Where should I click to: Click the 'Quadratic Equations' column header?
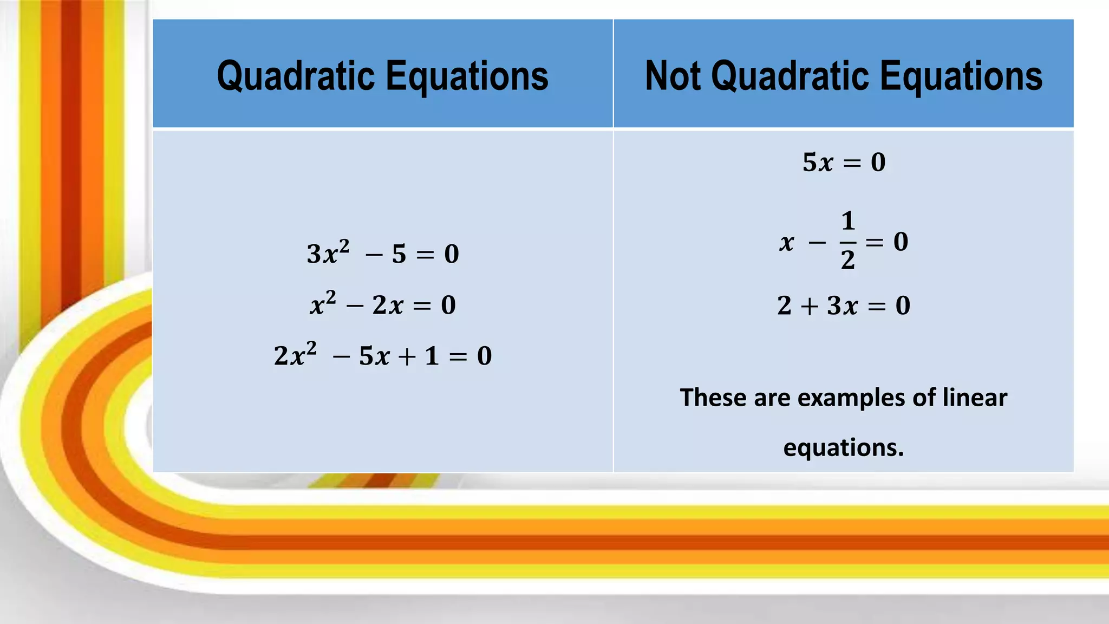click(382, 75)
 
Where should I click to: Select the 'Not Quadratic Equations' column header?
click(844, 75)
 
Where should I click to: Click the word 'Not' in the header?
click(674, 75)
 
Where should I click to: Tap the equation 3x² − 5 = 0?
click(382, 253)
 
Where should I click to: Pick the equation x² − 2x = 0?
click(382, 305)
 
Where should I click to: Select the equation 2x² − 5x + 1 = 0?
click(382, 356)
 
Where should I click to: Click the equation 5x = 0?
click(844, 162)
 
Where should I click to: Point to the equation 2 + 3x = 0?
click(844, 305)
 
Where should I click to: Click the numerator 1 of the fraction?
click(848, 221)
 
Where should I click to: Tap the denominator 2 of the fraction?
click(848, 260)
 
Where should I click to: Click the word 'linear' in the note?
click(975, 398)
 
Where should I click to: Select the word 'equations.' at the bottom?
click(844, 447)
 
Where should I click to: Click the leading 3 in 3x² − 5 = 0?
click(314, 254)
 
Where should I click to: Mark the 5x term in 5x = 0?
click(818, 162)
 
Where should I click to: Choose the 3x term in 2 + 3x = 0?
click(843, 305)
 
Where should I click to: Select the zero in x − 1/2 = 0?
click(901, 242)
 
